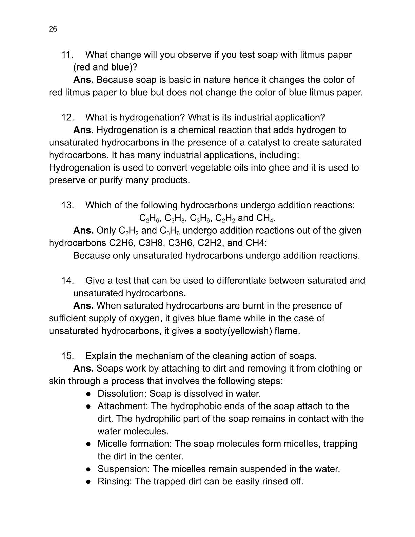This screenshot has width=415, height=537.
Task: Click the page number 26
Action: tap(53, 29)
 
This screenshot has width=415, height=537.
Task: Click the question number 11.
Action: tap(67, 55)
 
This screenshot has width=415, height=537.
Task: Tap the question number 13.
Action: tap(67, 205)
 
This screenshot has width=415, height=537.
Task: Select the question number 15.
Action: tap(67, 356)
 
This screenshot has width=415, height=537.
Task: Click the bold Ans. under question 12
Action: tap(83, 130)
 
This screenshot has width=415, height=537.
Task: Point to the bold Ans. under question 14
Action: tap(83, 306)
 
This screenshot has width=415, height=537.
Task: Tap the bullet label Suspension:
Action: tap(123, 469)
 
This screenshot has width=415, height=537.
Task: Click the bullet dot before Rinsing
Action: tap(88, 482)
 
